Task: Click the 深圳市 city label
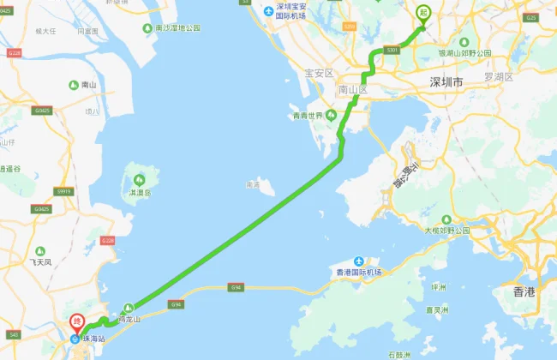click(446, 82)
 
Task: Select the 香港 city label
click(524, 292)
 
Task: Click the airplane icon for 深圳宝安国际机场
click(269, 10)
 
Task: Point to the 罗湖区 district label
click(498, 76)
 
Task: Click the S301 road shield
click(393, 52)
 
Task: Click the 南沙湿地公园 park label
click(177, 27)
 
